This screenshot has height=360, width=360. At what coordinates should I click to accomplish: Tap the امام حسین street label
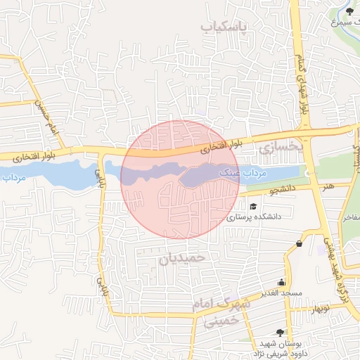point(43,118)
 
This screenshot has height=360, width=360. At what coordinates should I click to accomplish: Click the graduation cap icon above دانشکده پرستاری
point(253,205)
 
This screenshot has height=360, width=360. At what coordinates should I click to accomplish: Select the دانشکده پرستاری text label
point(254,217)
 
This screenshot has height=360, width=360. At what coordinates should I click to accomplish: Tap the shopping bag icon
point(300,243)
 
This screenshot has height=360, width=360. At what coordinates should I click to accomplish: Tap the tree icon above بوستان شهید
point(281,332)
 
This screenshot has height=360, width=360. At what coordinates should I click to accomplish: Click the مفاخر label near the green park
point(350,217)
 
